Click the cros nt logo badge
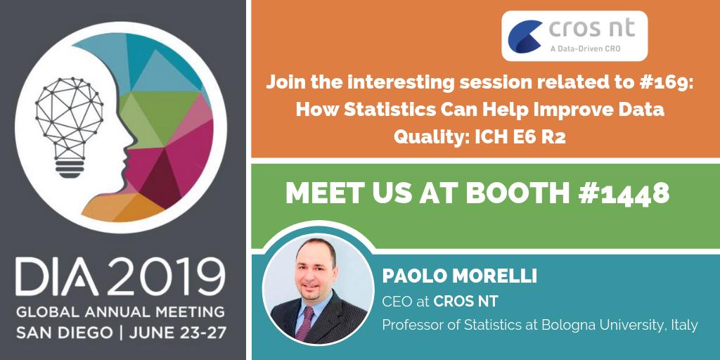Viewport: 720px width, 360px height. click(x=574, y=34)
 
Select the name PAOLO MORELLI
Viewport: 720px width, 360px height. click(x=459, y=276)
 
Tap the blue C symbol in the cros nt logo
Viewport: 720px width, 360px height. click(x=525, y=36)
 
